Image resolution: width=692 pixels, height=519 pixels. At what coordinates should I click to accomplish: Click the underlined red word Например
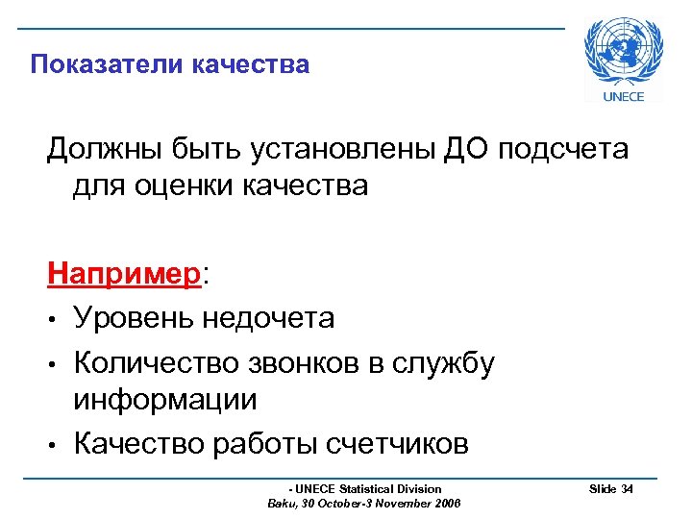pyautogui.click(x=126, y=275)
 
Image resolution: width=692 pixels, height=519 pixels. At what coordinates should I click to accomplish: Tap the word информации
pyautogui.click(x=165, y=399)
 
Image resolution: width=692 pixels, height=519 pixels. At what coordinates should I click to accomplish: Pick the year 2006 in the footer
pyautogui.click(x=448, y=504)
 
